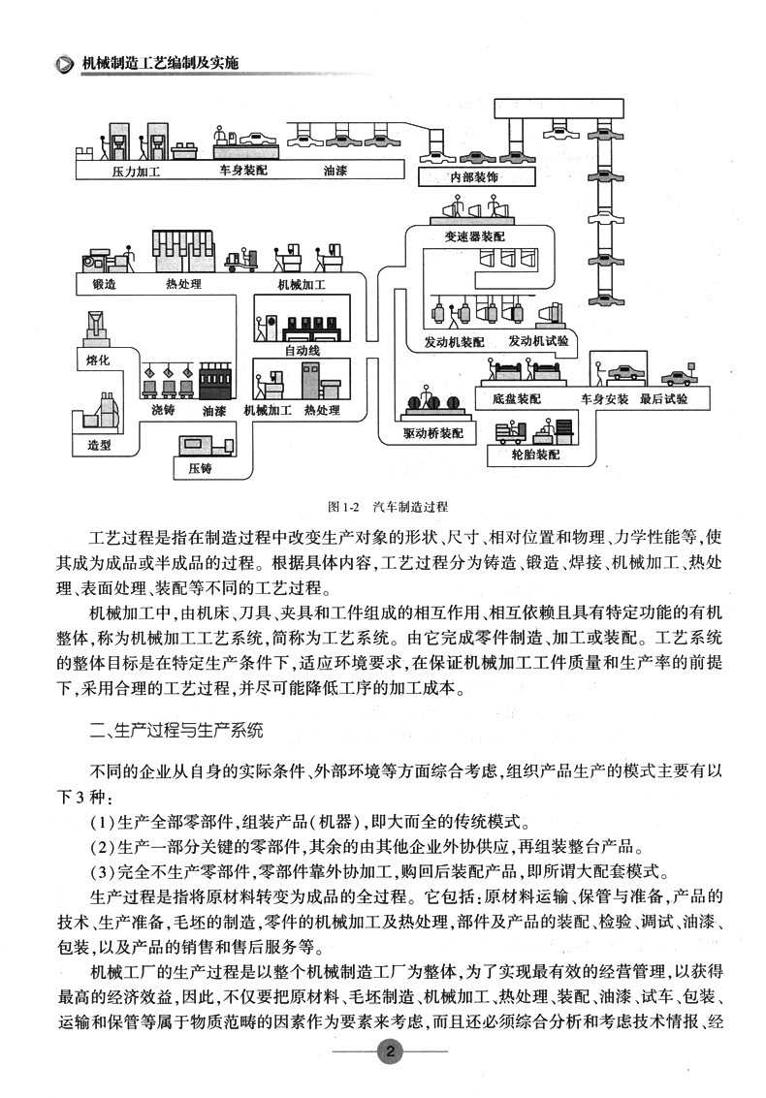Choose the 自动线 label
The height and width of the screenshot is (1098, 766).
click(302, 350)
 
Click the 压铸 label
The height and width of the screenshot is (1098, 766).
click(199, 469)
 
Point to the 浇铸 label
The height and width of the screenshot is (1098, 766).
click(162, 411)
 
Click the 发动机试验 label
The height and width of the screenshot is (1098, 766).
click(538, 342)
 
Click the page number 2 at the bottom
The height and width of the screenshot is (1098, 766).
click(389, 1053)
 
